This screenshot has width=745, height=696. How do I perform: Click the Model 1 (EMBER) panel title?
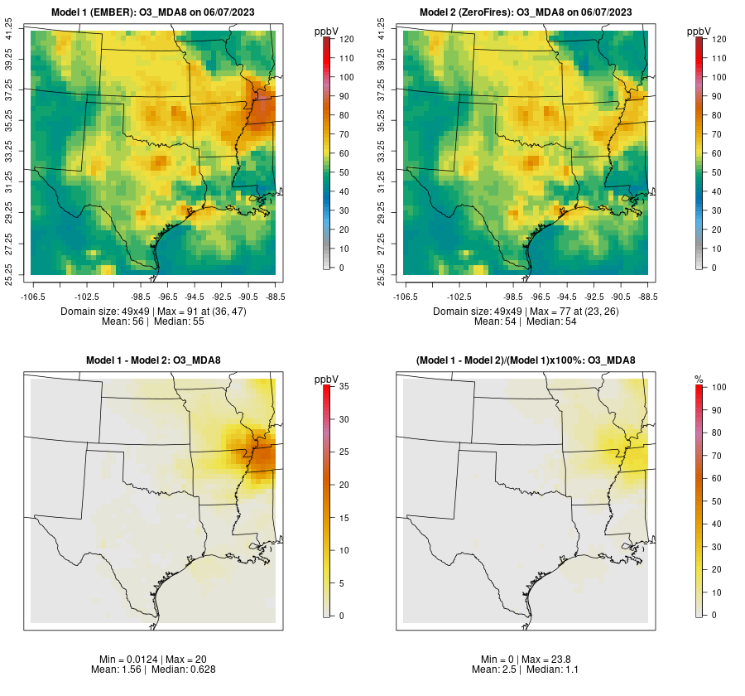point(153,12)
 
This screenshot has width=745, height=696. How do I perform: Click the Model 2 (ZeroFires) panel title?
point(526,12)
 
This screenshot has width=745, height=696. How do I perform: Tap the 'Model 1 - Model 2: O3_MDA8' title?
point(153,360)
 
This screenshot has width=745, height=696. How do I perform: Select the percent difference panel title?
point(526,360)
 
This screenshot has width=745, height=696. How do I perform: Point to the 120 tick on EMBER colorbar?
point(346,39)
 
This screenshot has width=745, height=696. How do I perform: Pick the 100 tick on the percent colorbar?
point(717,387)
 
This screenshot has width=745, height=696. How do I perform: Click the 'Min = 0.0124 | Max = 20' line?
point(153,659)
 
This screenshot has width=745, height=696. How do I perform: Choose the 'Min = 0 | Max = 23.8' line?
point(526,659)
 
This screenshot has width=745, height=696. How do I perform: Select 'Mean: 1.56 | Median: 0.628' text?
point(153,669)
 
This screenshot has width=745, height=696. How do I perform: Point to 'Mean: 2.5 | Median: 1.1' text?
point(526,669)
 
